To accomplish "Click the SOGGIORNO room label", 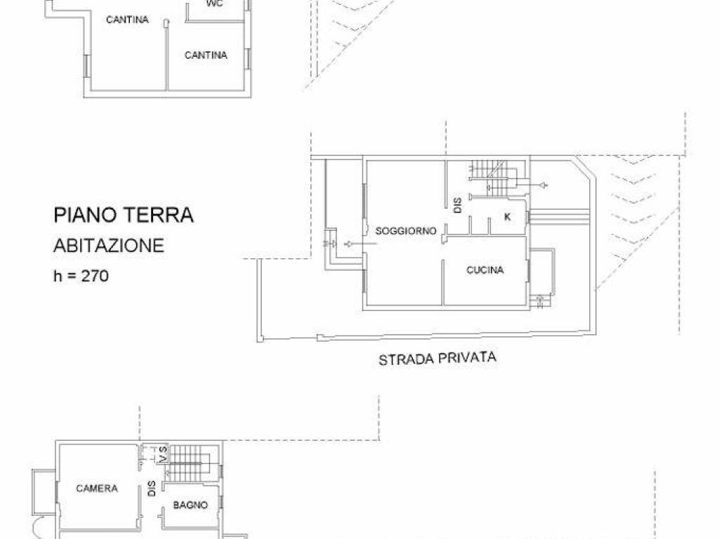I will (406, 230).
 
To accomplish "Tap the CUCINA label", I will (485, 270).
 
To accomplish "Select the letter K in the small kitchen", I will (506, 217).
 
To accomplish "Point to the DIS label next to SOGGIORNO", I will (457, 205).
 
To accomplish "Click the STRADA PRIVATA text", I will (437, 359).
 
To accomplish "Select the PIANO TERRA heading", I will (124, 215).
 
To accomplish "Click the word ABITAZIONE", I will (109, 246).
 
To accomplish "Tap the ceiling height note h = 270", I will (81, 277).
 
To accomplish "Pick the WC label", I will (215, 4).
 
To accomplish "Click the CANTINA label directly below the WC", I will (206, 55).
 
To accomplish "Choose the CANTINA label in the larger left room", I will (127, 20).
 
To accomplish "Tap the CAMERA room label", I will (97, 488).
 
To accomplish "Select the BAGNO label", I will (190, 505).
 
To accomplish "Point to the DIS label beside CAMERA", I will (152, 488).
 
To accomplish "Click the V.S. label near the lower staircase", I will (162, 454).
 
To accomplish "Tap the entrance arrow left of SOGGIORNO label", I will (351, 244).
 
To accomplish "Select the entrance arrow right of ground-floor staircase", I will (543, 185).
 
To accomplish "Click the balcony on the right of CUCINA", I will (542, 272).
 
